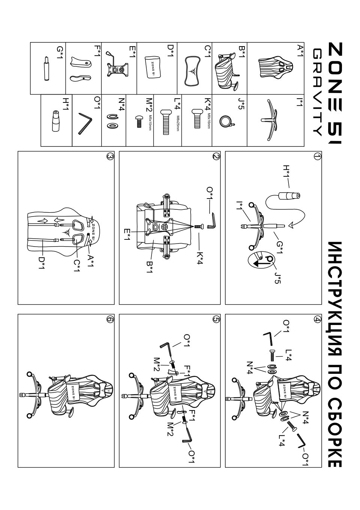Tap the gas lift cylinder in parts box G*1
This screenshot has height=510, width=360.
47,69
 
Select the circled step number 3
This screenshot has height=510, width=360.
110,156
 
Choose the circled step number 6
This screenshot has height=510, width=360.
110,320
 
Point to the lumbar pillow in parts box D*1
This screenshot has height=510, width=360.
153,67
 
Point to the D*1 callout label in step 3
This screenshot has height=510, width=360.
42,262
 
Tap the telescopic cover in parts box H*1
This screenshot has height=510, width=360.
55,121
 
